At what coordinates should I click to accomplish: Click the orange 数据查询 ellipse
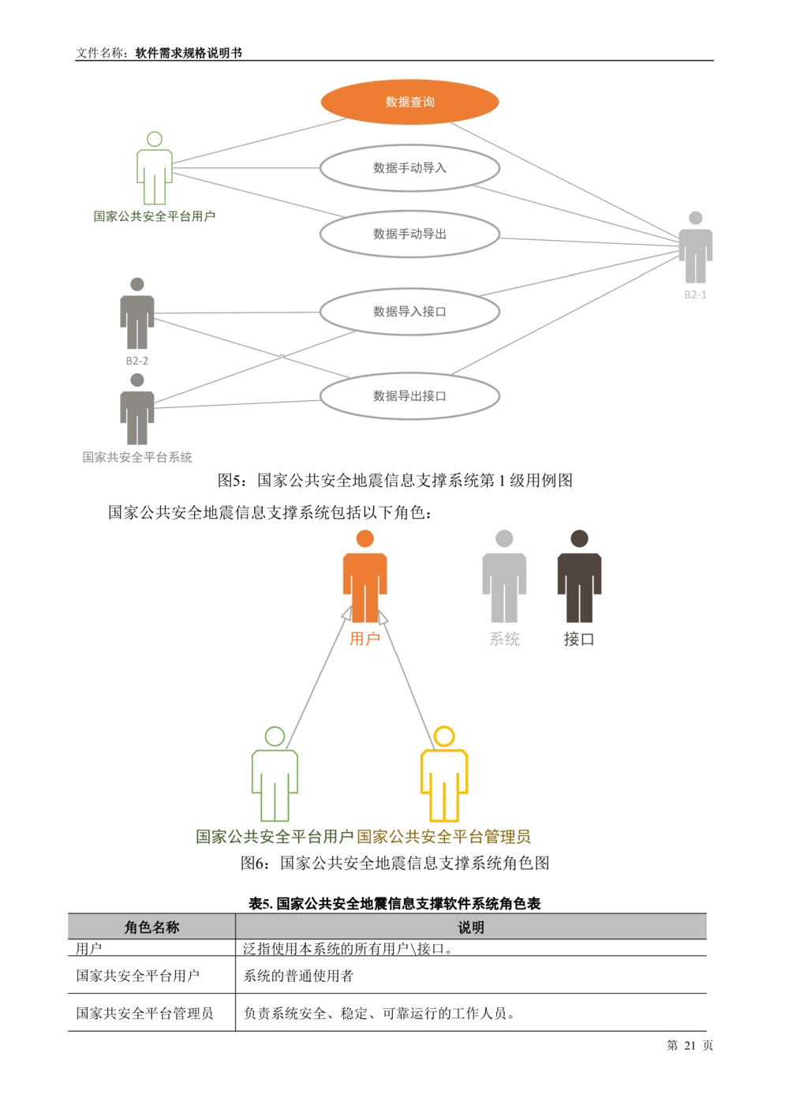click(409, 102)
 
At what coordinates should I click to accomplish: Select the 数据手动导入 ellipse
click(409, 168)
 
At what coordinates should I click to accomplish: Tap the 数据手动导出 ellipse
click(409, 234)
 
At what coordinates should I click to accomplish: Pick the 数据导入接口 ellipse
click(409, 312)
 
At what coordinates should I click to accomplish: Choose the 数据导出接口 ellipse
click(409, 396)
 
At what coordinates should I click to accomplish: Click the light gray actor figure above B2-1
click(695, 247)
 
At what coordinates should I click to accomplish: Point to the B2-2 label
click(137, 361)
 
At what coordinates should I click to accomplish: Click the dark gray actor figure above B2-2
click(137, 313)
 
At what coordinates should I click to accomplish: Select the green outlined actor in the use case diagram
click(155, 168)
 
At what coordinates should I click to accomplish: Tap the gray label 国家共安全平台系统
click(137, 457)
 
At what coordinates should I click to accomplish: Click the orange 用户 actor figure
click(365, 576)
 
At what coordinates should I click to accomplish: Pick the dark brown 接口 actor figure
click(579, 576)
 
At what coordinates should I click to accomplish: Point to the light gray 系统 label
click(504, 639)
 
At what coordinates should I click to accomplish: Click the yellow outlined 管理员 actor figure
click(444, 774)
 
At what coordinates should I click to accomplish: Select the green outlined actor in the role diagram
click(275, 774)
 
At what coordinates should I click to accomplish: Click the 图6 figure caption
click(394, 863)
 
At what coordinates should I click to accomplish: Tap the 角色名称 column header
click(151, 927)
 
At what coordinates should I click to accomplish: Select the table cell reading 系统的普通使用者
click(298, 976)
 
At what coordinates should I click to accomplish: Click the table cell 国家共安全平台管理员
click(144, 1013)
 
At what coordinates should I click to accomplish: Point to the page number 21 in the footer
click(690, 1045)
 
